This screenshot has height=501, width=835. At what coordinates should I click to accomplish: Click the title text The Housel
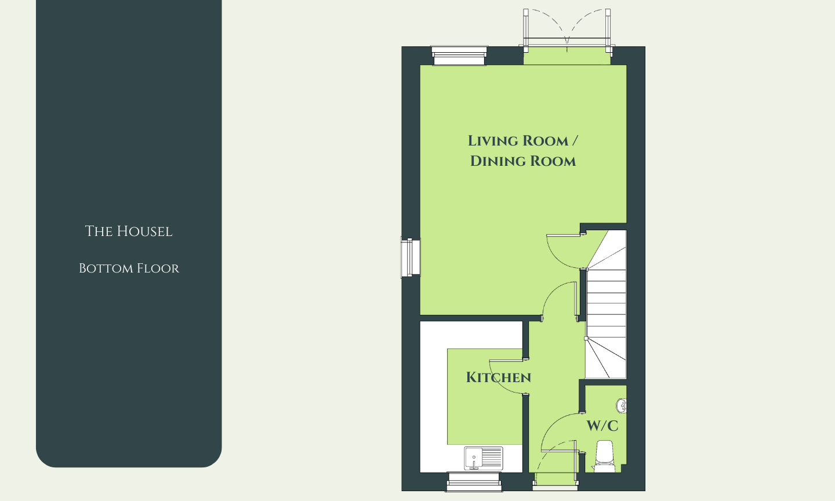[x=129, y=231]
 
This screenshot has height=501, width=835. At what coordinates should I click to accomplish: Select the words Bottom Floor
[x=129, y=268]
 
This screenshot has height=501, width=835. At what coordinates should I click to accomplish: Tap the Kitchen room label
[x=499, y=377]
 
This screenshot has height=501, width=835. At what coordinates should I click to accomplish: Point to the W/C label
[x=602, y=426]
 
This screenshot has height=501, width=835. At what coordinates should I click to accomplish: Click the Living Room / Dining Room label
[x=522, y=151]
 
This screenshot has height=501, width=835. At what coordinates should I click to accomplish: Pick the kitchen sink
[x=484, y=458]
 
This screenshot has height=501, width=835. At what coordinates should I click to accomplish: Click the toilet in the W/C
[x=604, y=456]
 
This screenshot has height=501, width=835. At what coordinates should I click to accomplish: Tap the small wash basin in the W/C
[x=622, y=405]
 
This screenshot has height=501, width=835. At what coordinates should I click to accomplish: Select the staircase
[x=606, y=304]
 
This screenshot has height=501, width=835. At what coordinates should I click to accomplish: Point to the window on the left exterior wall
[x=411, y=257]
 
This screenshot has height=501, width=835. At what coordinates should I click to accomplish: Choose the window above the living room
[x=459, y=56]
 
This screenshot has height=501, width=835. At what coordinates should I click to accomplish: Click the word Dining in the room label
[x=498, y=161]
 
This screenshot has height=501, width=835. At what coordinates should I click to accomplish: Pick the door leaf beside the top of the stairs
[x=565, y=235]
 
